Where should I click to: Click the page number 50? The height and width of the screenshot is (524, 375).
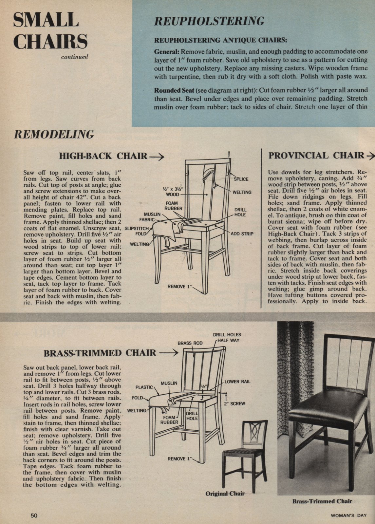[34, 515]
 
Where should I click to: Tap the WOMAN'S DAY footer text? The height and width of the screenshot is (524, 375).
[349, 515]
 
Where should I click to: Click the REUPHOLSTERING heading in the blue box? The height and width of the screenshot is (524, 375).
[209, 21]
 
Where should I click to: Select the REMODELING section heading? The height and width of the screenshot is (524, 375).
[53, 134]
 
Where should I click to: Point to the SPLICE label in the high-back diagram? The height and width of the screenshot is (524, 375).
[241, 179]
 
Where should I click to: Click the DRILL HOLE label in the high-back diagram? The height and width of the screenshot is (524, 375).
[240, 212]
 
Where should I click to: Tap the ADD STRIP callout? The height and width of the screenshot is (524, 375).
[242, 234]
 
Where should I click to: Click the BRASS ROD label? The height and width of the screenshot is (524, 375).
[190, 343]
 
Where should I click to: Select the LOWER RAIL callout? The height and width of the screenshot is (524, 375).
[237, 382]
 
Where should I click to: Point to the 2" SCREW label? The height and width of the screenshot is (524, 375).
[234, 404]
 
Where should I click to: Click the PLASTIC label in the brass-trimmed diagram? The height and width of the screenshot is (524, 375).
[144, 387]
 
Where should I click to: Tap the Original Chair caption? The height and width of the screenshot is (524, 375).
[225, 494]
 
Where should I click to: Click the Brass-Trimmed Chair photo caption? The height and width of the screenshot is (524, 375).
[322, 501]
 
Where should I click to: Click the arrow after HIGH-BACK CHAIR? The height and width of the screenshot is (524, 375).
[156, 156]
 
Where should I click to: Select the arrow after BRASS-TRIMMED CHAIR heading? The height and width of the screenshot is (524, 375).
[170, 353]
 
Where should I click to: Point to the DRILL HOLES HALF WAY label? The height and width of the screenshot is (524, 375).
[227, 337]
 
